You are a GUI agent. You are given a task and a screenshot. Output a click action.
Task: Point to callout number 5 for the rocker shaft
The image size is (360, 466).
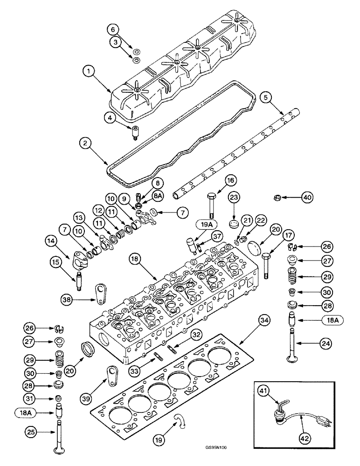coord(266,98)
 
